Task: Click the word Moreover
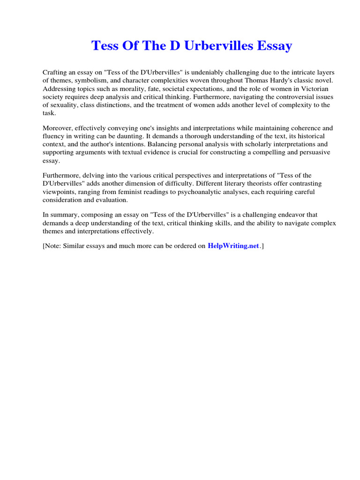tap(57, 128)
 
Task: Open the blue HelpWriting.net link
tap(233, 246)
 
